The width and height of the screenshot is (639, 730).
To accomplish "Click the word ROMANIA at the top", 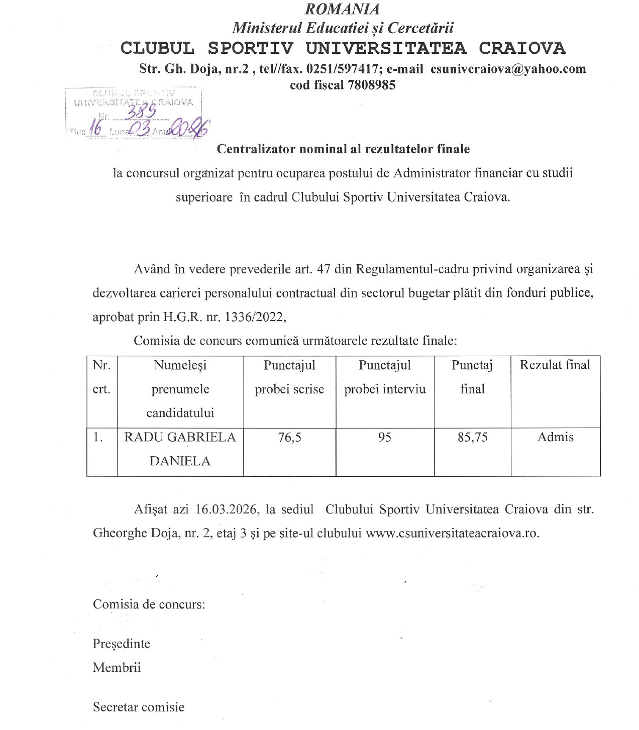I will (350, 9).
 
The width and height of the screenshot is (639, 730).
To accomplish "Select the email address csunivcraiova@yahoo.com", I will (508, 69).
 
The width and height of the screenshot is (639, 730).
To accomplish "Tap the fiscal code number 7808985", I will (371, 85).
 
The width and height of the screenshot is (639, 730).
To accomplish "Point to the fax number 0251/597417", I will (342, 69).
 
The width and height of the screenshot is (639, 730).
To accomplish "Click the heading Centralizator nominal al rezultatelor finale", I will (343, 149).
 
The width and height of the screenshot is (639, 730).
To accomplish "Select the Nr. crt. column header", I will (101, 377).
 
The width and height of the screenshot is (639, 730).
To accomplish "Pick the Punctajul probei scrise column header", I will (289, 377).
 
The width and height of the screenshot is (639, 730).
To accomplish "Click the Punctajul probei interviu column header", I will (385, 377).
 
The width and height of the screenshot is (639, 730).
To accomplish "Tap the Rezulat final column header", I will (555, 365).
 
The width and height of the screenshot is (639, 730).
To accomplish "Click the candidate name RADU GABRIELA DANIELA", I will (180, 449).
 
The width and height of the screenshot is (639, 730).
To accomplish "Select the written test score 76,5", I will (290, 437).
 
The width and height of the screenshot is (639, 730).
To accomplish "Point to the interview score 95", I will (385, 437).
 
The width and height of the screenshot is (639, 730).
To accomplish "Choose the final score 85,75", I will (472, 437).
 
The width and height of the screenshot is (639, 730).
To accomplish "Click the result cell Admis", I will (555, 437).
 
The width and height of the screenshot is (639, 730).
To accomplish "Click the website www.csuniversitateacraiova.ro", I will (452, 533).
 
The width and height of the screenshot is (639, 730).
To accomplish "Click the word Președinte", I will (121, 644).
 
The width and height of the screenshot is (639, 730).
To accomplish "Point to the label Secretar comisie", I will (139, 707).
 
